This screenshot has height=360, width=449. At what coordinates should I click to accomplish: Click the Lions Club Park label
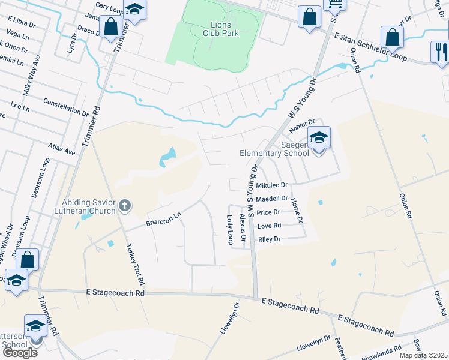(216, 29)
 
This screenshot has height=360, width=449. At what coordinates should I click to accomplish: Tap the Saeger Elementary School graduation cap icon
(319, 138)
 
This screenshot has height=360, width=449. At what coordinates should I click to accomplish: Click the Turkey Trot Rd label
(134, 265)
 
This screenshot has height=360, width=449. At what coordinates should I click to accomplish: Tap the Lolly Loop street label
(230, 230)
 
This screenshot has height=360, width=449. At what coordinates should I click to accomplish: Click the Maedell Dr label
(271, 199)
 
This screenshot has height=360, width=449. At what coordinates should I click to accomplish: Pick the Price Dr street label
(268, 212)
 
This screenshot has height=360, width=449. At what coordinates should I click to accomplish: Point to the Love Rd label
(269, 226)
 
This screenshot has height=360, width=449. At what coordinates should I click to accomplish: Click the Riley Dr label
(269, 239)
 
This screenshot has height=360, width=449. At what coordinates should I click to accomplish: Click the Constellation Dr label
(66, 107)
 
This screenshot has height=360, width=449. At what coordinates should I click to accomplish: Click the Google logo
(20, 353)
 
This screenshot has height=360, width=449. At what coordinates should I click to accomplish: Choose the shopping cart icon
(335, 5)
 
